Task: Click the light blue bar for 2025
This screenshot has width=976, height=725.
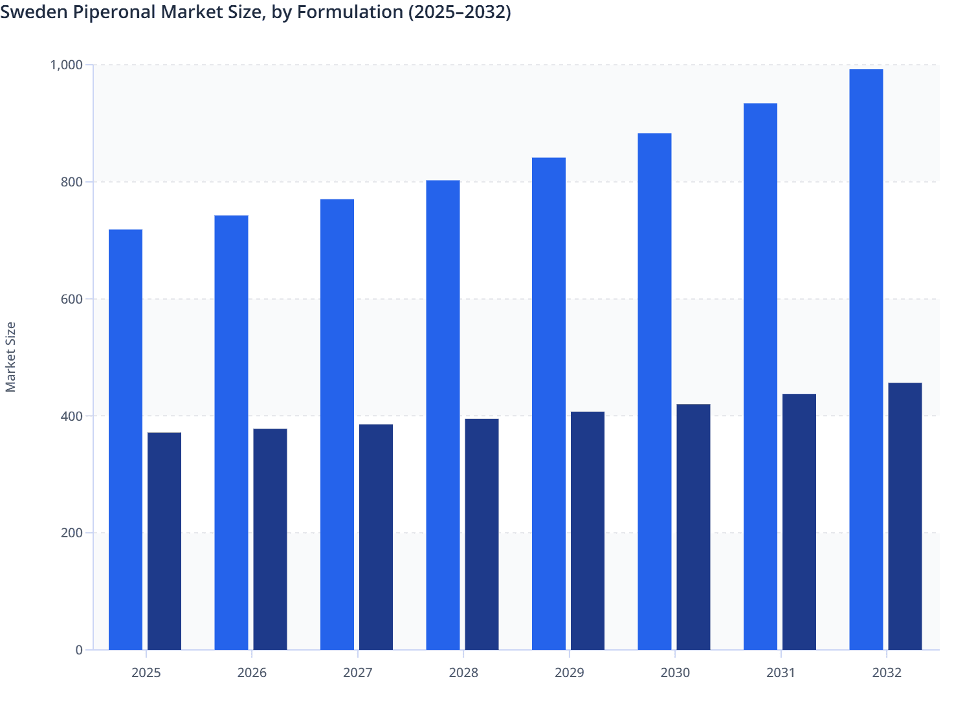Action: pyautogui.click(x=126, y=440)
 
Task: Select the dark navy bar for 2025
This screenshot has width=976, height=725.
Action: pyautogui.click(x=164, y=541)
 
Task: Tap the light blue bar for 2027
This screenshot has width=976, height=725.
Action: pyautogui.click(x=337, y=425)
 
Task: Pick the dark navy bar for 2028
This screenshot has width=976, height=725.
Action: pyautogui.click(x=482, y=534)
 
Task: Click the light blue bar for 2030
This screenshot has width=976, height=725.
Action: pyautogui.click(x=654, y=392)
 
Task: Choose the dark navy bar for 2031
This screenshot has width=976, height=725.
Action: pyautogui.click(x=799, y=522)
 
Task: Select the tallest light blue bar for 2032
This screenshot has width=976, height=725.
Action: pyautogui.click(x=866, y=359)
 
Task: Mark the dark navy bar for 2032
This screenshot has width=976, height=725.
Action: pyautogui.click(x=905, y=517)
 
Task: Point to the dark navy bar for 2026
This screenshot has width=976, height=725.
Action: pyautogui.click(x=270, y=539)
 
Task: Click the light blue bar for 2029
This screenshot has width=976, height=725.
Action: pyautogui.click(x=549, y=404)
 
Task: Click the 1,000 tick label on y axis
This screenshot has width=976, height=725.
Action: pyautogui.click(x=66, y=65)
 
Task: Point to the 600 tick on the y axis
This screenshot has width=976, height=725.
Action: pyautogui.click(x=72, y=299)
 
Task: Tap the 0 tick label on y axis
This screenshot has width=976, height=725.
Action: pyautogui.click(x=79, y=650)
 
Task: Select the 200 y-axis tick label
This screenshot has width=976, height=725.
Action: pyautogui.click(x=72, y=533)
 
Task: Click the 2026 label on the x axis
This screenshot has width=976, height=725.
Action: pyautogui.click(x=252, y=673)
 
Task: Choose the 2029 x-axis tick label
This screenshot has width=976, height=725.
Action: pyautogui.click(x=570, y=673)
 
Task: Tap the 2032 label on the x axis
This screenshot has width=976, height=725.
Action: pyautogui.click(x=887, y=673)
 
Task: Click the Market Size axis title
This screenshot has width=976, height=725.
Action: pyautogui.click(x=11, y=357)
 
